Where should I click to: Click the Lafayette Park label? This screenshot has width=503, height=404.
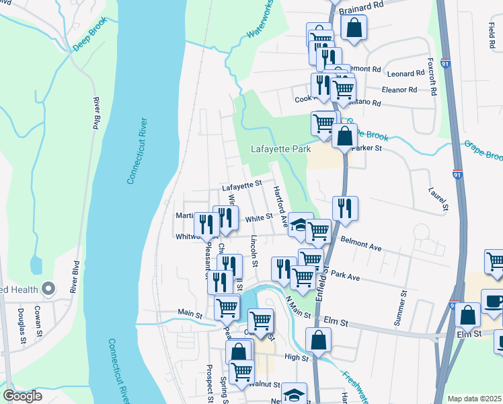280,149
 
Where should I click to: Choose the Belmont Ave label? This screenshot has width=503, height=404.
360,244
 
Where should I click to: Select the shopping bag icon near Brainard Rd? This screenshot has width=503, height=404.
353,28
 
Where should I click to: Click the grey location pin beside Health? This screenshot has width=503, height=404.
48,289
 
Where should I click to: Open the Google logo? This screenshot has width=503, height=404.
24,396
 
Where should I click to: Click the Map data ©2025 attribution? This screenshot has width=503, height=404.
474,399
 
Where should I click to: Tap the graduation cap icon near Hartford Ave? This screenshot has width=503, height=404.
300,224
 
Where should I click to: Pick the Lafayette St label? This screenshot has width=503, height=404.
242,183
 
